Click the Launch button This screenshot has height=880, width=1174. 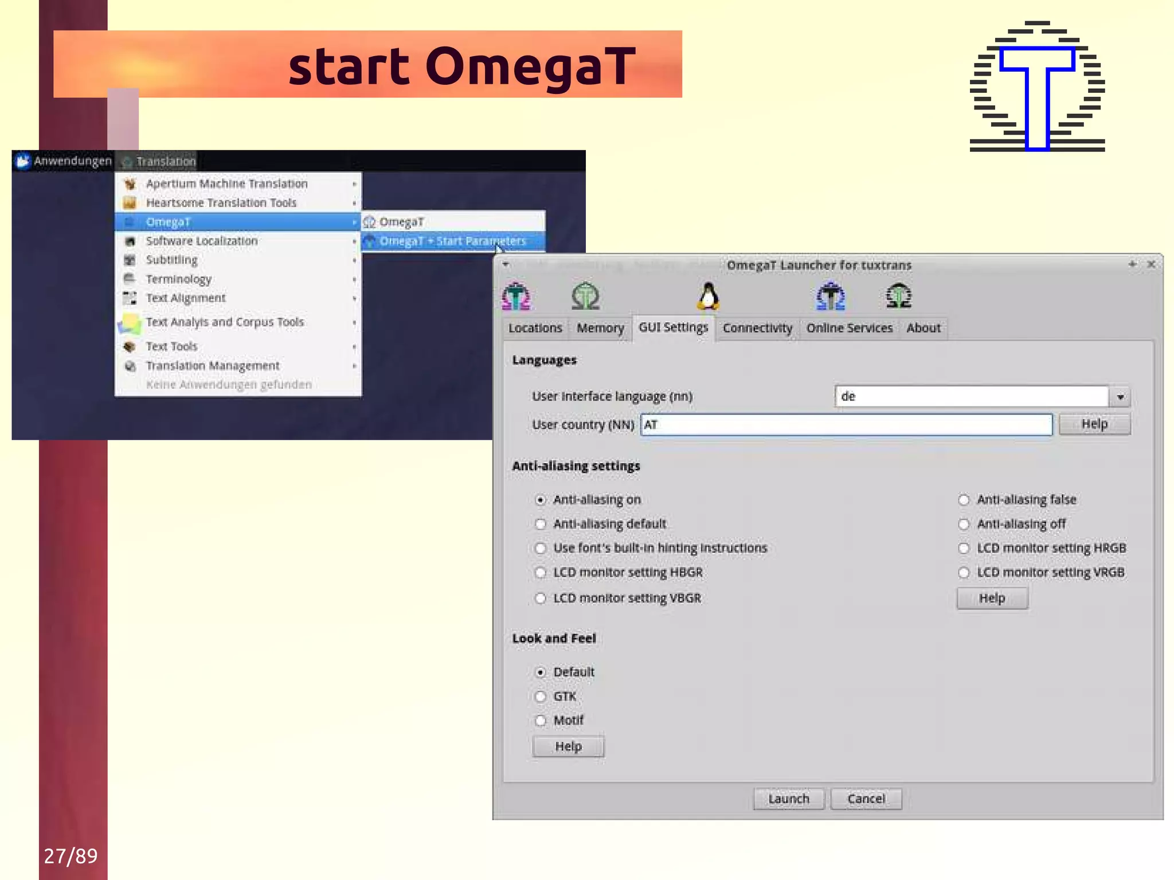[x=788, y=799]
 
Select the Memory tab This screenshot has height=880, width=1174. [x=600, y=328]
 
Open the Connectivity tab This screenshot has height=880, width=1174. [x=757, y=328]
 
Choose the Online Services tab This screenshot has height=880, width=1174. [x=849, y=328]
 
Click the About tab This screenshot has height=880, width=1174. [x=923, y=328]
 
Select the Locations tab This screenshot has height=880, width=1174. [x=535, y=328]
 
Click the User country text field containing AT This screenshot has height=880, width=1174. [x=846, y=425]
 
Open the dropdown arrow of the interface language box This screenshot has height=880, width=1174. [x=1120, y=397]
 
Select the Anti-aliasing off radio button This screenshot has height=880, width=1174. [x=964, y=524]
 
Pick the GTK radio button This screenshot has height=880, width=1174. [x=541, y=697]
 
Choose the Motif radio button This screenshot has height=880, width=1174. [x=541, y=721]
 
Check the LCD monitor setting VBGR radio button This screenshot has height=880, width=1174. [x=541, y=599]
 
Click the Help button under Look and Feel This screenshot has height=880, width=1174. [x=568, y=746]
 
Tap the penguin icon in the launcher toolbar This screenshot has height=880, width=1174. [x=709, y=296]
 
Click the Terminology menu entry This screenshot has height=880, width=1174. [x=178, y=279]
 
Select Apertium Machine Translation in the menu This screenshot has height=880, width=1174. [x=226, y=183]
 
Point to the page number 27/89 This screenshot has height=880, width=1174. [x=71, y=856]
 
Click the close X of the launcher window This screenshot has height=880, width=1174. [x=1151, y=264]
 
